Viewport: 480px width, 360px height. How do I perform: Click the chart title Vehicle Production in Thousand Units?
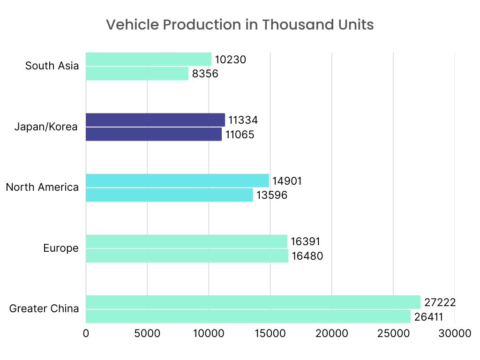[x=240, y=25]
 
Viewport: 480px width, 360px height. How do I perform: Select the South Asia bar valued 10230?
[x=149, y=60]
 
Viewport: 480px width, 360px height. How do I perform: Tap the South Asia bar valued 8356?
[x=137, y=74]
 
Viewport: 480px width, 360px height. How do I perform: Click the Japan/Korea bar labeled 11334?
[x=155, y=120]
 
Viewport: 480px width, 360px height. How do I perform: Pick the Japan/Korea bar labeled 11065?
[x=154, y=135]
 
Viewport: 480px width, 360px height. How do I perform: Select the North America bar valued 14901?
[x=177, y=180]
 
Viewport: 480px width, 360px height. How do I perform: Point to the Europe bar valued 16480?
[x=187, y=256]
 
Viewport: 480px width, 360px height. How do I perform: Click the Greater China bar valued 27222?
[x=253, y=302]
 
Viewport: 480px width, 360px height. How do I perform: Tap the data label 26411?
[x=428, y=317]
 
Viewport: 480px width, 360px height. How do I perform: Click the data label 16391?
[x=305, y=242]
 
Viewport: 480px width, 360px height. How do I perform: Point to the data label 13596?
[x=271, y=195]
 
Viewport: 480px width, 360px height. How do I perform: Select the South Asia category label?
[x=52, y=66]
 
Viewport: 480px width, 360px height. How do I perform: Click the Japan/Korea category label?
[x=46, y=127]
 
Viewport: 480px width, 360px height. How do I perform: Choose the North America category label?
[x=42, y=187]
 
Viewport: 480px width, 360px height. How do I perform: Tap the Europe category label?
[x=61, y=248]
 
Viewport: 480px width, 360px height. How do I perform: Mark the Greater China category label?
[x=44, y=309]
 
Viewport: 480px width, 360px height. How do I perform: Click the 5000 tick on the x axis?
[x=147, y=333]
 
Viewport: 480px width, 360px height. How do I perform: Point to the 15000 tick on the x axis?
[x=270, y=333]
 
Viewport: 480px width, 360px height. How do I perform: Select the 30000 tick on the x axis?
[x=454, y=333]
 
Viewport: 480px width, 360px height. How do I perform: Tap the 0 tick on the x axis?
[x=86, y=333]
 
